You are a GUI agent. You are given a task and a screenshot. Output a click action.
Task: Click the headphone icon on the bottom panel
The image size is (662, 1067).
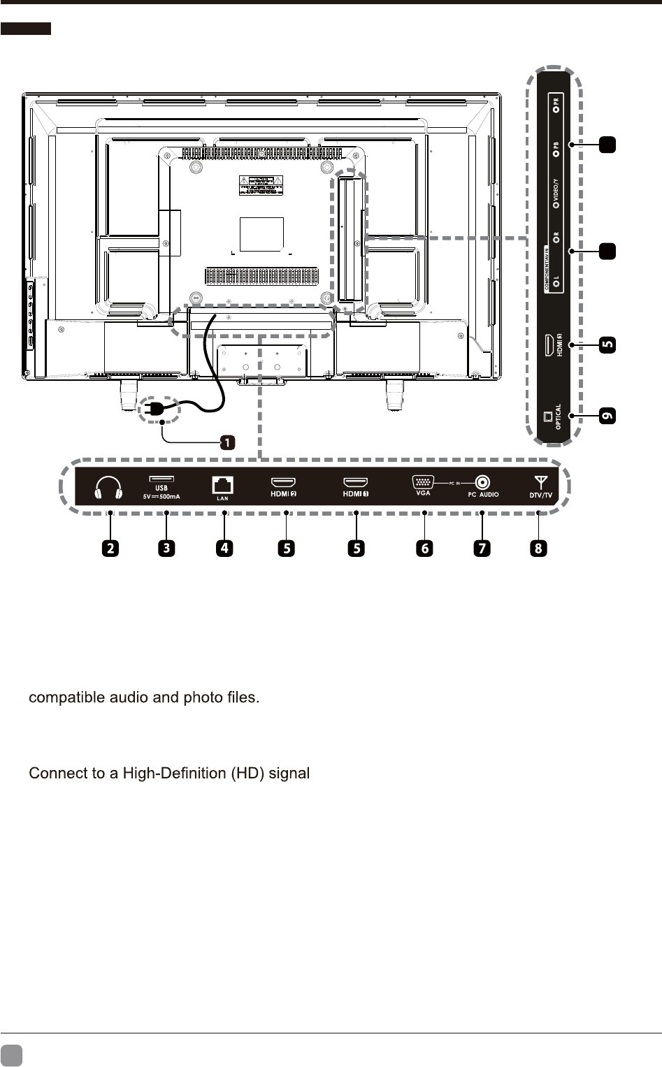coord(108,488)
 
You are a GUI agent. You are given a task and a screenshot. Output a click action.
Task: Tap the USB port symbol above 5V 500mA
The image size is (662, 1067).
coord(161,479)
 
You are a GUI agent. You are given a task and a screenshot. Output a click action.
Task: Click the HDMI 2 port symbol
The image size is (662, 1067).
coord(283,482)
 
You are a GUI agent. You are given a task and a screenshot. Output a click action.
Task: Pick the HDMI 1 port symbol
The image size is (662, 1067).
coord(355,482)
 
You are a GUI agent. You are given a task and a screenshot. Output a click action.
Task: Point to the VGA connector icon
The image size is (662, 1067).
coord(422,481)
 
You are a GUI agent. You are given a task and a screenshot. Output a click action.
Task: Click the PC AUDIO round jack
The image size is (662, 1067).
coord(482,482)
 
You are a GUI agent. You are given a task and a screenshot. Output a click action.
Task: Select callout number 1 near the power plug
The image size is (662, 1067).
coord(227,442)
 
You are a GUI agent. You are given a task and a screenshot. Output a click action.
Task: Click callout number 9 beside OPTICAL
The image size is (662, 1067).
coord(608,416)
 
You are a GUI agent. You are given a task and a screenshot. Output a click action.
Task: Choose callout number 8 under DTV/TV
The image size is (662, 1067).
coord(538,548)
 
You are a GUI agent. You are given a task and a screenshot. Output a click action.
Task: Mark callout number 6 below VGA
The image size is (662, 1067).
coord(424,548)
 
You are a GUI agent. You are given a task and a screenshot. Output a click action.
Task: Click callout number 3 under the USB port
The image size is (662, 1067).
coord(166,548)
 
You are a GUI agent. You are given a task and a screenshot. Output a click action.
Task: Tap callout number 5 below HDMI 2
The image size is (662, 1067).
coord(287,548)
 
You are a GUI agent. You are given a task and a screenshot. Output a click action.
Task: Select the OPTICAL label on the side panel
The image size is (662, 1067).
coord(558,417)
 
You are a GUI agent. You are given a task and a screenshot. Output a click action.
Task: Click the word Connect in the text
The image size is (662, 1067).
coord(52,774)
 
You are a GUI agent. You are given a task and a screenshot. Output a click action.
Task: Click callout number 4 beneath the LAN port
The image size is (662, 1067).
coord(224,548)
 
